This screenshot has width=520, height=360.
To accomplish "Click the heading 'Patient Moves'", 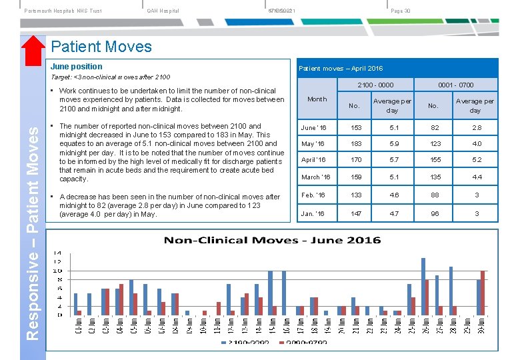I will (101, 47).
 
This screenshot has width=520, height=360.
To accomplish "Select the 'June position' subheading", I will (77, 67).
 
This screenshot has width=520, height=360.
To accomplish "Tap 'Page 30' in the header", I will (401, 11).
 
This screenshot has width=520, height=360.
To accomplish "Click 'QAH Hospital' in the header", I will (163, 11).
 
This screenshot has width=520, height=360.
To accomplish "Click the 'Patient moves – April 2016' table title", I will (341, 69).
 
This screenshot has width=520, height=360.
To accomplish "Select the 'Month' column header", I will (317, 99).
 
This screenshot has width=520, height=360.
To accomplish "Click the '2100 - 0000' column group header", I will (375, 85).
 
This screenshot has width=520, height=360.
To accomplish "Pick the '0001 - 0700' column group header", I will (455, 85).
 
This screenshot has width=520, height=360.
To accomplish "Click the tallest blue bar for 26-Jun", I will (423, 286).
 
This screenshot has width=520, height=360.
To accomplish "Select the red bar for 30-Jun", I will (483, 293).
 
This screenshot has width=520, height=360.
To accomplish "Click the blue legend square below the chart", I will (224, 343).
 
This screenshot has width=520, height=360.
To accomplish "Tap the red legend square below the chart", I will (281, 343).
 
